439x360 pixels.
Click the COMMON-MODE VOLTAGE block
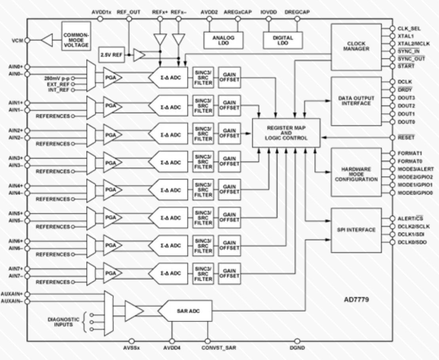pyautogui.click(x=76, y=36)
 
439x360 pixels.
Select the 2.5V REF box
pyautogui.click(x=111, y=55)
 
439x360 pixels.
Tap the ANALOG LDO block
pyautogui.click(x=223, y=40)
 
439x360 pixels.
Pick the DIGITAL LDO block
pyautogui.click(x=283, y=40)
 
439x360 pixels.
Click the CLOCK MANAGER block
pyautogui.click(x=356, y=47)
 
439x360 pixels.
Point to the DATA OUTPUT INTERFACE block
pyautogui.click(x=356, y=101)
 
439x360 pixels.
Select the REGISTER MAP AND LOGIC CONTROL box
pyautogui.click(x=286, y=133)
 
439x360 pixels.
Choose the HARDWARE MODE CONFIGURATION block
pyautogui.click(x=356, y=172)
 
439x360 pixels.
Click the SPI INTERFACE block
pyautogui.click(x=356, y=230)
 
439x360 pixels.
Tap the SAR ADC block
pyautogui.click(x=185, y=311)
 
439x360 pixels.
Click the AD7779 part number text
pyautogui.click(x=356, y=299)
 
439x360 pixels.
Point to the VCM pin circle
pyautogui.click(x=27, y=40)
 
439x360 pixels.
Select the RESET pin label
pyautogui.click(x=406, y=137)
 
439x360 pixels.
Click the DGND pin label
pyautogui.click(x=297, y=348)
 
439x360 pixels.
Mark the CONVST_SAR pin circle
pyautogui.click(x=207, y=341)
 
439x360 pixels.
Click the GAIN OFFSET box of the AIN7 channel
pyautogui.click(x=229, y=273)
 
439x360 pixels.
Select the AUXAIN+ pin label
pyautogui.click(x=12, y=294)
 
